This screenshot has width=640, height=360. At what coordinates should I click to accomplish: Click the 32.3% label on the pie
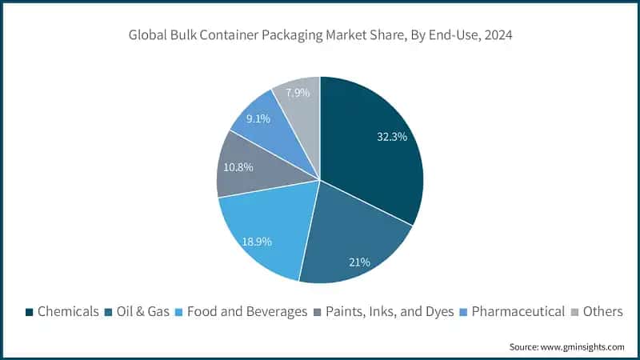point(392,137)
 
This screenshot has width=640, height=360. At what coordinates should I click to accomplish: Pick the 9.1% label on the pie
point(257,118)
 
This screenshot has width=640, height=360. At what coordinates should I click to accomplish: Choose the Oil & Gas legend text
point(142,311)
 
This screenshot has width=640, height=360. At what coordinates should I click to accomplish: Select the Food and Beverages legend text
point(247,311)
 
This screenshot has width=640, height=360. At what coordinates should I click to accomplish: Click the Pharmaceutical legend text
point(518,311)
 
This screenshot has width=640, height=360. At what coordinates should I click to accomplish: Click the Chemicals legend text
point(69,311)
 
